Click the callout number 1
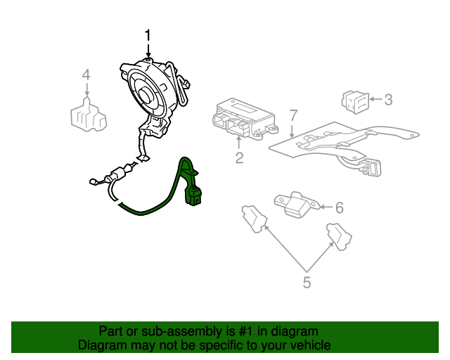point(148,34)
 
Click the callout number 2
point(239,158)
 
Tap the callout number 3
point(387,100)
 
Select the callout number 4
point(86,75)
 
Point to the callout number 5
point(307,283)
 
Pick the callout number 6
point(339,207)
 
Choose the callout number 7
point(293,115)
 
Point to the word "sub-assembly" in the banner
point(176,331)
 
